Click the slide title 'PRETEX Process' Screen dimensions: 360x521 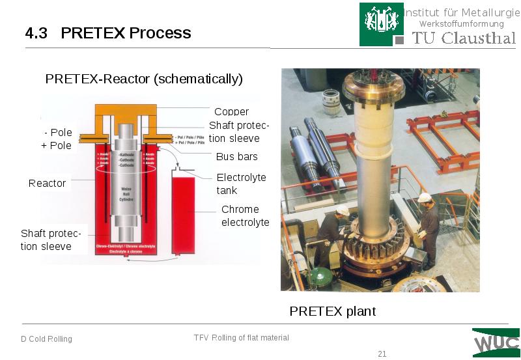click(x=126, y=33)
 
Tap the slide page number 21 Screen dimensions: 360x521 click(x=382, y=353)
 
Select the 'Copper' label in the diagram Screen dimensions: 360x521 click(x=231, y=112)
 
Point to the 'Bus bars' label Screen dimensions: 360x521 click(x=236, y=156)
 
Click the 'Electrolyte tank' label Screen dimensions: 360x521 click(x=241, y=184)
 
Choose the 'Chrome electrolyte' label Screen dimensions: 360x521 click(x=245, y=215)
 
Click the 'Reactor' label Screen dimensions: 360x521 click(x=47, y=183)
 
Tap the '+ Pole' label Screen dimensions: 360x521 click(x=57, y=145)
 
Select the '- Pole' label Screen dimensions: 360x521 click(x=58, y=132)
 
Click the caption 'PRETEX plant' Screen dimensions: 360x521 click(x=332, y=311)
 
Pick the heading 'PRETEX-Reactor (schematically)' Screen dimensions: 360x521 click(x=143, y=79)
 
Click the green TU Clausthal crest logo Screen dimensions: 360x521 click(x=376, y=24)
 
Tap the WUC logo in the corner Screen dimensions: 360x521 click(x=496, y=342)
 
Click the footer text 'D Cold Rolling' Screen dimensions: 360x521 click(x=46, y=339)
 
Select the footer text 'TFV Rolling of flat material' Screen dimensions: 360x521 click(x=241, y=337)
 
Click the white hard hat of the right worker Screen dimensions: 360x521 click(x=425, y=198)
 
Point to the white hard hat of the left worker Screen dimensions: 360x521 click(x=343, y=210)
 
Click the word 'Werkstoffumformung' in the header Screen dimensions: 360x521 click(x=461, y=24)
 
